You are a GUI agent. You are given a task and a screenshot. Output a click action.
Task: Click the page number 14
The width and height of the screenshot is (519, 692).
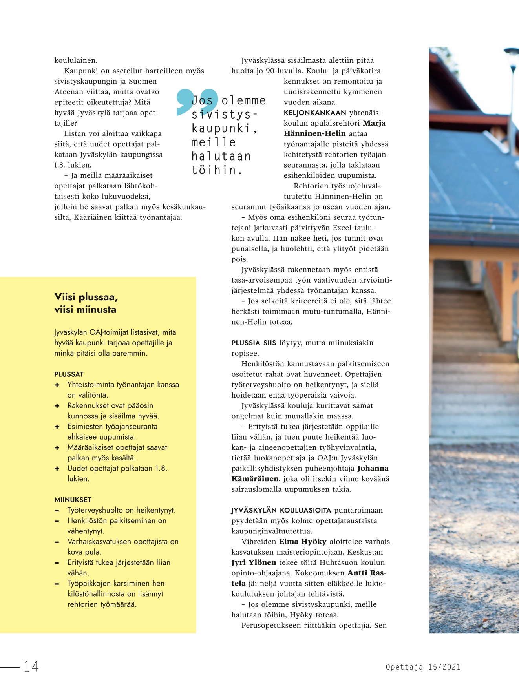(31, 666)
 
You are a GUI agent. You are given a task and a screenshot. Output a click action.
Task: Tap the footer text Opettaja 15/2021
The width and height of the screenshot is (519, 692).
(423, 666)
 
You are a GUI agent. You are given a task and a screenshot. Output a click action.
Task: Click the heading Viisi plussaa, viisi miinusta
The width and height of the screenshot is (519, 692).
(86, 303)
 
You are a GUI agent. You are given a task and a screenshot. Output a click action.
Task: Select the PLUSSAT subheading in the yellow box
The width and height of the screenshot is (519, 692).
(69, 374)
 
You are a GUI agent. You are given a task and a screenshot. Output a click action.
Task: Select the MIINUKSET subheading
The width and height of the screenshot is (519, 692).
(73, 500)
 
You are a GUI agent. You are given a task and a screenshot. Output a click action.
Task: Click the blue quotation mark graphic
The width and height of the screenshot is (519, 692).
(196, 102)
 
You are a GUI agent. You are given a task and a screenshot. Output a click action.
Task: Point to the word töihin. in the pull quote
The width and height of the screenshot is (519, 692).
(217, 170)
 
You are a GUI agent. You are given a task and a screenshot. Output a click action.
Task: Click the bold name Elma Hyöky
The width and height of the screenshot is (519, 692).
(303, 542)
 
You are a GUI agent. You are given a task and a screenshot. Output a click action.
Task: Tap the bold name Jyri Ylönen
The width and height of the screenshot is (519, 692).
(254, 562)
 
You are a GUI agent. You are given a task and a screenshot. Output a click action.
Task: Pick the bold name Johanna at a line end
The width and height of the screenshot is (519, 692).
(373, 468)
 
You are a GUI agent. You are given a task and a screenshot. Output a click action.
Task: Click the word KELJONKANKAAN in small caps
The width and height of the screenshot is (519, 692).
(312, 113)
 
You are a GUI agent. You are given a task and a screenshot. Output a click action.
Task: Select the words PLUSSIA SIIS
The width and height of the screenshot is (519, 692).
(254, 343)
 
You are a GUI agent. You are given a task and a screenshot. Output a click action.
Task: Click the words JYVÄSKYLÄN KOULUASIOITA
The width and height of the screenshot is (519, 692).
(281, 510)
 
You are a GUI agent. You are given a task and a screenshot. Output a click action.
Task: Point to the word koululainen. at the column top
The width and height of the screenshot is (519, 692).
(76, 60)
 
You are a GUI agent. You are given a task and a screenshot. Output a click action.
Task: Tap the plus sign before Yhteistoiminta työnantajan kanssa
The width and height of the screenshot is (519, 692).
(57, 385)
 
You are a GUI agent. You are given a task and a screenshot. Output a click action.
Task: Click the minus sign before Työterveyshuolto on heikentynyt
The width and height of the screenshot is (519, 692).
(57, 511)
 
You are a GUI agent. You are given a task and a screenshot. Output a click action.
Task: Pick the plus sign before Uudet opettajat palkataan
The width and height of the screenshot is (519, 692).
(57, 469)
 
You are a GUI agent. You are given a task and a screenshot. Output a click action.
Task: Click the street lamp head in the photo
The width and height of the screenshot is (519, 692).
(512, 53)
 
